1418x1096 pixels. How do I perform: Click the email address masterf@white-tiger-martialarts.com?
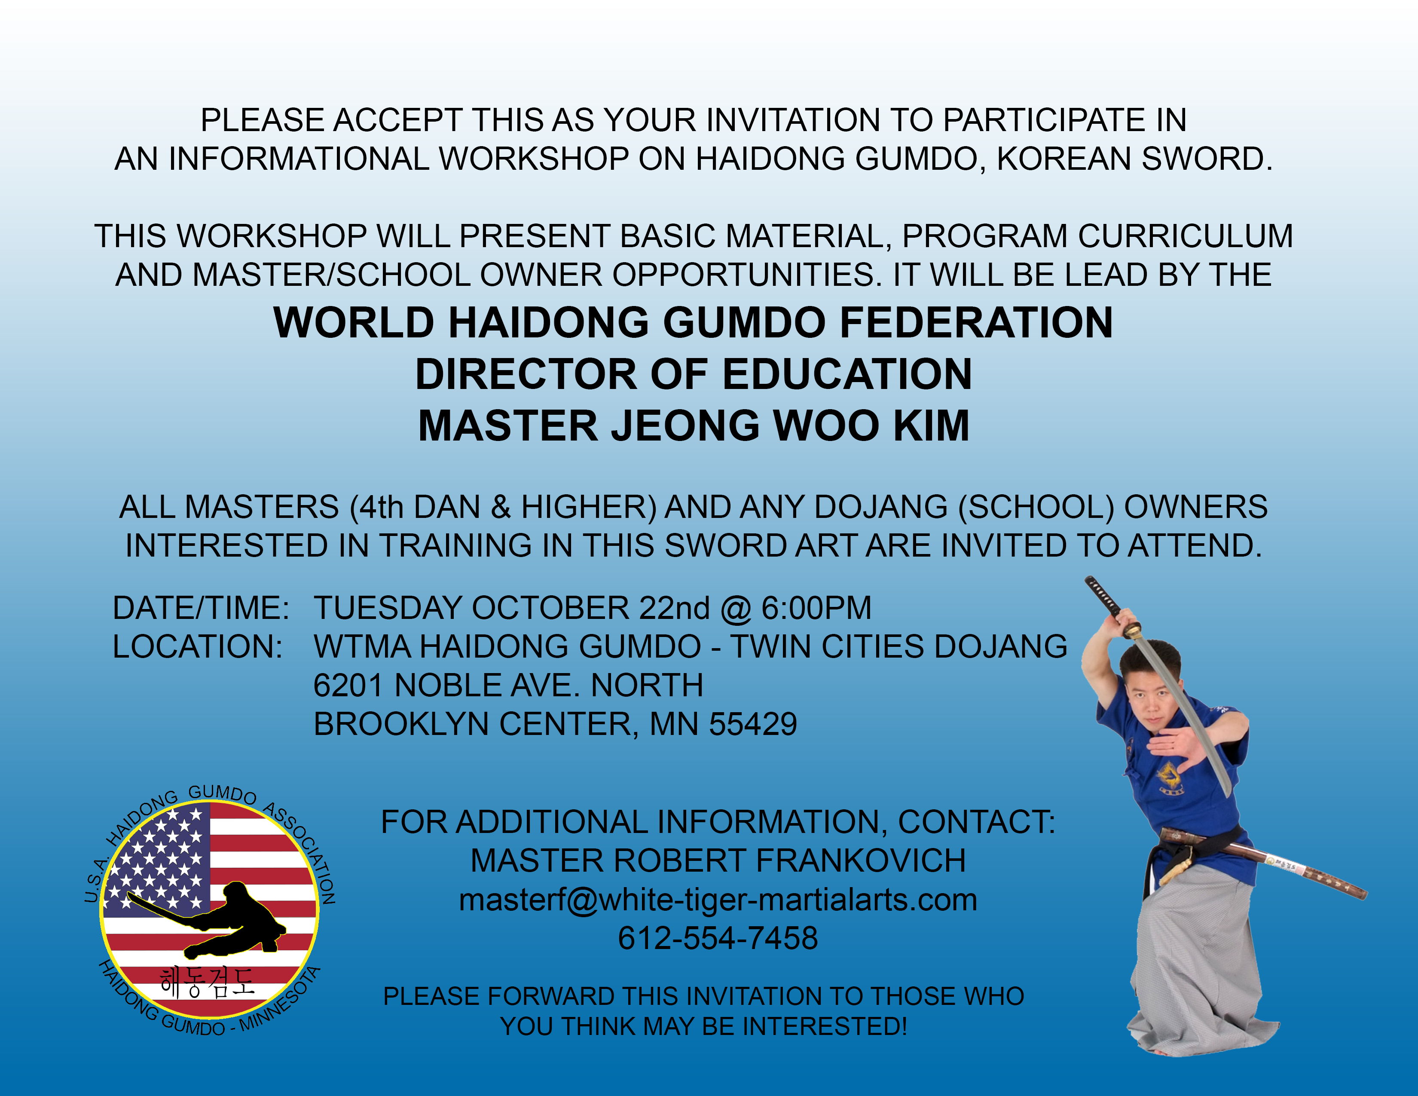tap(718, 900)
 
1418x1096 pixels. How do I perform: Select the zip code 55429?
tap(753, 724)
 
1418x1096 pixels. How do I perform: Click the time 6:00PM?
tap(816, 608)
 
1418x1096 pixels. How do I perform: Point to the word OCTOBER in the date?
tap(550, 608)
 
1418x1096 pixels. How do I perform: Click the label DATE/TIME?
tap(201, 608)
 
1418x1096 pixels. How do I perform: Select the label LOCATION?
tap(197, 647)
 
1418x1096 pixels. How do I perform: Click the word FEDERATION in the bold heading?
tap(977, 323)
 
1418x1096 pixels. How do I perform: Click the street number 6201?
tap(348, 686)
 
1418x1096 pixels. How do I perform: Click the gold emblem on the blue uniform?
tap(1169, 777)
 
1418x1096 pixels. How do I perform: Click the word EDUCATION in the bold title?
tap(847, 375)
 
